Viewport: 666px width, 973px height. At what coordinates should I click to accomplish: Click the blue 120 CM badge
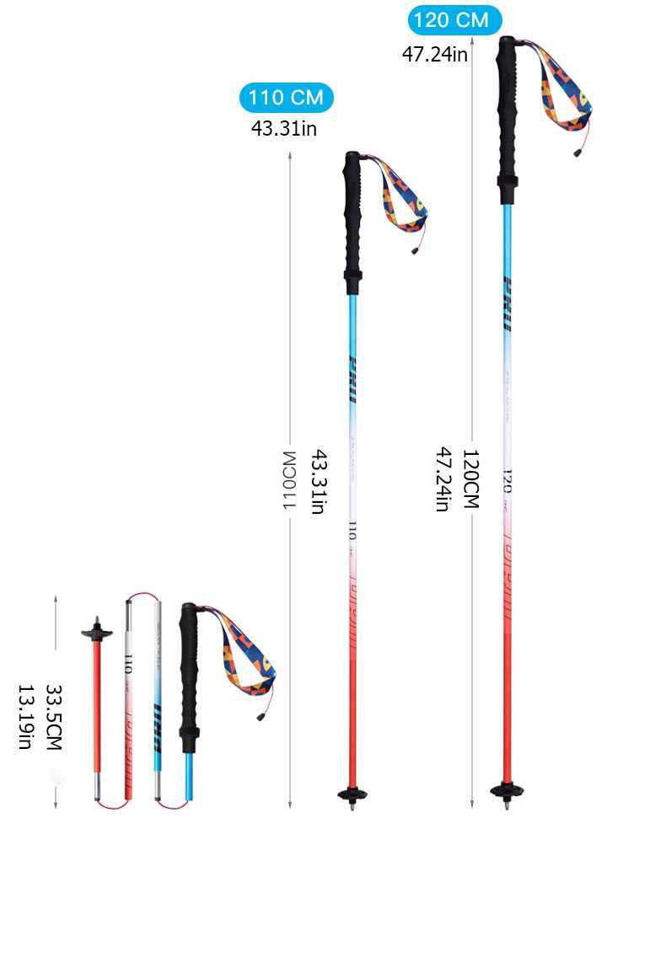(x=454, y=19)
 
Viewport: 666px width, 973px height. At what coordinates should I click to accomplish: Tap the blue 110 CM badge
(x=287, y=98)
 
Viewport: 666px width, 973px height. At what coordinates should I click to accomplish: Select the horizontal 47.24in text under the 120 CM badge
(x=434, y=55)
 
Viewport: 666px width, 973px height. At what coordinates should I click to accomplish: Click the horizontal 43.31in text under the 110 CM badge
(x=284, y=129)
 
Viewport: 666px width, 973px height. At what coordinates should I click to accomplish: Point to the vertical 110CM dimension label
(x=289, y=481)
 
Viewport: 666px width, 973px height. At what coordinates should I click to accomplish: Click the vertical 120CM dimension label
(x=470, y=478)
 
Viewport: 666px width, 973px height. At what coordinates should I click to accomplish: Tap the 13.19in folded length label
(x=25, y=716)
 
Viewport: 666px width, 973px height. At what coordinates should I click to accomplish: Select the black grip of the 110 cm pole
(x=353, y=219)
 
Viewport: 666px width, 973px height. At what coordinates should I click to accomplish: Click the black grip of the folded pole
(x=189, y=674)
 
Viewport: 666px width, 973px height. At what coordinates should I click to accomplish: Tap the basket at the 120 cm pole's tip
(x=506, y=791)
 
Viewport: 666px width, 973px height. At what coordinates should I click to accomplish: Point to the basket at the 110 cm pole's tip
(x=352, y=794)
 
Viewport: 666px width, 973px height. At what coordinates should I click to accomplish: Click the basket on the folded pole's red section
(x=97, y=632)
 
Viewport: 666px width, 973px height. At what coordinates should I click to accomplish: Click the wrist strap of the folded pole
(x=250, y=657)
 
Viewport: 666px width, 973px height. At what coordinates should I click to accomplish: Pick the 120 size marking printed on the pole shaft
(x=508, y=481)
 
